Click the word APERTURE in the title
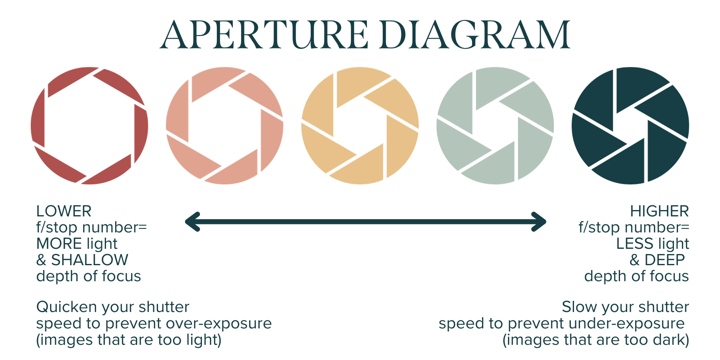pyautogui.click(x=264, y=35)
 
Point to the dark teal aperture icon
pyautogui.click(x=630, y=126)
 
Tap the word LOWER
pyautogui.click(x=64, y=211)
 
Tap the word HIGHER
pyautogui.click(x=659, y=211)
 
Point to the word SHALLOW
pyautogui.click(x=90, y=260)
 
